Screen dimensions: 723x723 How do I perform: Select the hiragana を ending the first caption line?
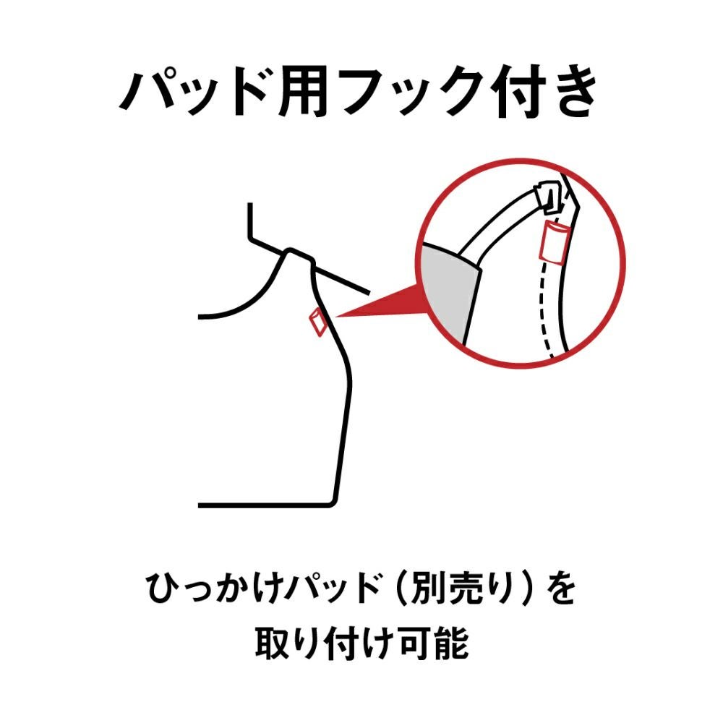coord(562,591)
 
